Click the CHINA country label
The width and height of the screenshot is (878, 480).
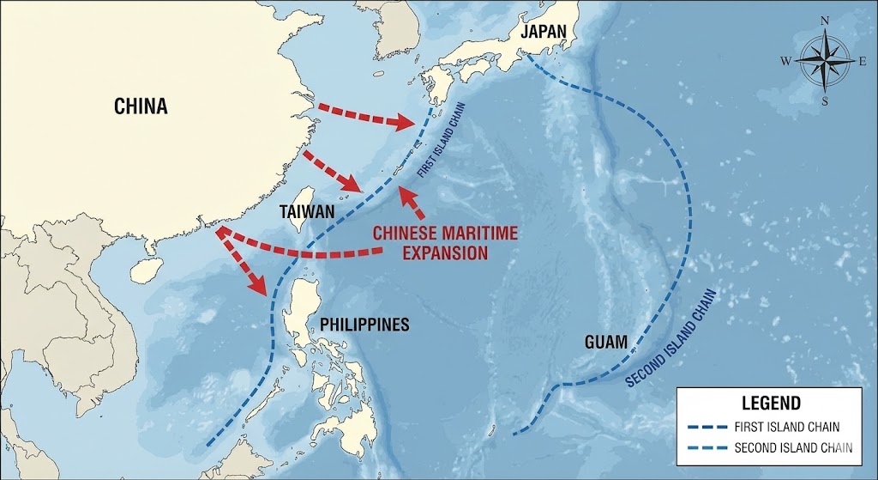coord(141,106)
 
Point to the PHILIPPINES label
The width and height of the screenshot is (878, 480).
coord(364,325)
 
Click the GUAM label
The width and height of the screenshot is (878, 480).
coord(606,341)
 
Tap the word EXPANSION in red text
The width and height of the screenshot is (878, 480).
coord(435,252)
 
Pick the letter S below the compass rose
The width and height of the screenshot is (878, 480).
coord(825,101)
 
